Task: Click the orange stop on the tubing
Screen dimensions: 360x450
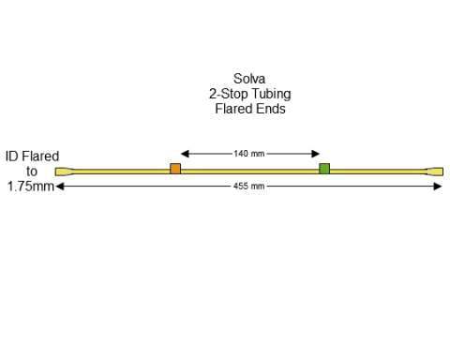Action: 175,169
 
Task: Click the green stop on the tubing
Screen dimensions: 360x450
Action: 324,169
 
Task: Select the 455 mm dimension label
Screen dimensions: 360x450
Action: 249,186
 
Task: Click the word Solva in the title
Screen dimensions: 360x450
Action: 248,80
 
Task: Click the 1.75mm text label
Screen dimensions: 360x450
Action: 30,187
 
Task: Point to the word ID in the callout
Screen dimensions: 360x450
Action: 12,157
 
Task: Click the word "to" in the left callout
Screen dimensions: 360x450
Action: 32,172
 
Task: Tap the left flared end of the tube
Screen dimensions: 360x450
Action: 63,171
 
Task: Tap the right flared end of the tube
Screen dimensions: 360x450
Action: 435,171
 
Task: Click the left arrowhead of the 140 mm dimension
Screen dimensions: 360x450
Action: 184,153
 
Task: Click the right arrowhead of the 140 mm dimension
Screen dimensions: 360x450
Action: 318,153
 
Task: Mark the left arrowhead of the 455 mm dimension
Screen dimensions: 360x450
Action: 60,186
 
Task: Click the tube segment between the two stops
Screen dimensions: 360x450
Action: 249,170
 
